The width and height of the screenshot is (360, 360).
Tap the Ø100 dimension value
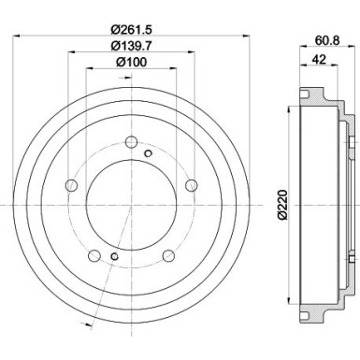coord(128,65)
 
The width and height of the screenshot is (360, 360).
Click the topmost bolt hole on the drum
coord(129,144)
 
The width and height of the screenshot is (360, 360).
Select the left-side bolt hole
coord(70,187)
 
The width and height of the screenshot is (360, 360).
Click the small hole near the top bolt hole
coord(148,151)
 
